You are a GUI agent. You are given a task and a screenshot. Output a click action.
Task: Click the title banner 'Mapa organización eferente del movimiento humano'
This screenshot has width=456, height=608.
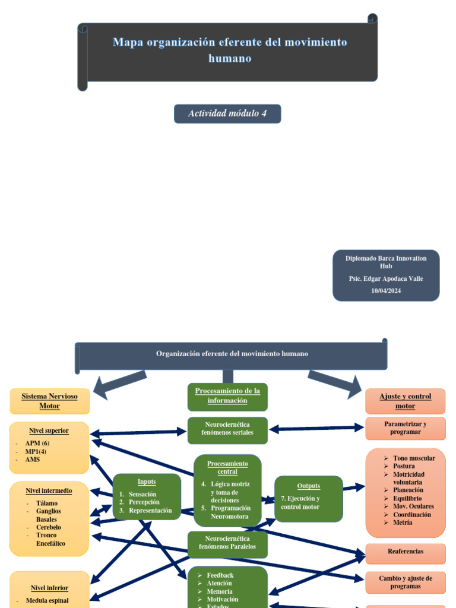229,50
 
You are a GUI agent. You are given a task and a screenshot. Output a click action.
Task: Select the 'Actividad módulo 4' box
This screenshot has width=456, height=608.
227,113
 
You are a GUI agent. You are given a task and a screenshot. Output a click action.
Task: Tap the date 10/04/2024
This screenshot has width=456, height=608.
386,290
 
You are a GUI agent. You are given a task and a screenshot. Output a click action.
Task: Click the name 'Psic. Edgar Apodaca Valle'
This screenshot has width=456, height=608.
386,278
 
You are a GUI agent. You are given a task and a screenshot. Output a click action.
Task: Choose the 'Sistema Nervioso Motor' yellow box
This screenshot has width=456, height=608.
49,401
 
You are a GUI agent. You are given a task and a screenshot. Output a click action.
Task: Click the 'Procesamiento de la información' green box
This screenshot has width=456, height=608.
227,396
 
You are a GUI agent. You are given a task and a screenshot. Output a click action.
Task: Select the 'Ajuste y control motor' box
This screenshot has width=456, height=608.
406,401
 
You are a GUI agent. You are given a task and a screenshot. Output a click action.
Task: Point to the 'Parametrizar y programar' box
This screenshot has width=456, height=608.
406,428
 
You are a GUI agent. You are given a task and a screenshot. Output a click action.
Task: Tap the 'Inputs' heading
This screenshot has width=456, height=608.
147,482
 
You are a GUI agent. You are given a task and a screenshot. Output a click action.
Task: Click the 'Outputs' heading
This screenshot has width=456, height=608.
309,486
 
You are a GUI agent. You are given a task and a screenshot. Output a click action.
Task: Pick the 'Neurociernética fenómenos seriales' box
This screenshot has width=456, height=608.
227,429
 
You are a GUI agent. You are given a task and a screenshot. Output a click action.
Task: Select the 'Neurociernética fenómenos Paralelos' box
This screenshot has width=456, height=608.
227,543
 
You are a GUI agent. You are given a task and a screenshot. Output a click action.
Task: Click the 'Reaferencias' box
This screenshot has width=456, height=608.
406,552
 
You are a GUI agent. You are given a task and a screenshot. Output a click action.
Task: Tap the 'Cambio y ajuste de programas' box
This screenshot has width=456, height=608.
406,582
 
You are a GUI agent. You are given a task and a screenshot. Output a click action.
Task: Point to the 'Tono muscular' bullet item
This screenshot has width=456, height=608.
414,458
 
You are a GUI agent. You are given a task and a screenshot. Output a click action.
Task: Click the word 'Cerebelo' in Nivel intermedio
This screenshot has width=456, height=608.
48,527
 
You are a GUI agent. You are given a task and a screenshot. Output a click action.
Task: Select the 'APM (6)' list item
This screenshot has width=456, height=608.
37,444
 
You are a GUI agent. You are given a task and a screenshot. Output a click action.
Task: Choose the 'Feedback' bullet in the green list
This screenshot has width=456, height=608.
220,575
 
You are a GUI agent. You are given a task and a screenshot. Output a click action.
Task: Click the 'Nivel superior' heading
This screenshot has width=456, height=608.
49,430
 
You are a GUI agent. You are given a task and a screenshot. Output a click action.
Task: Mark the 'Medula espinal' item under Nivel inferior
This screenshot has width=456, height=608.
47,600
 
